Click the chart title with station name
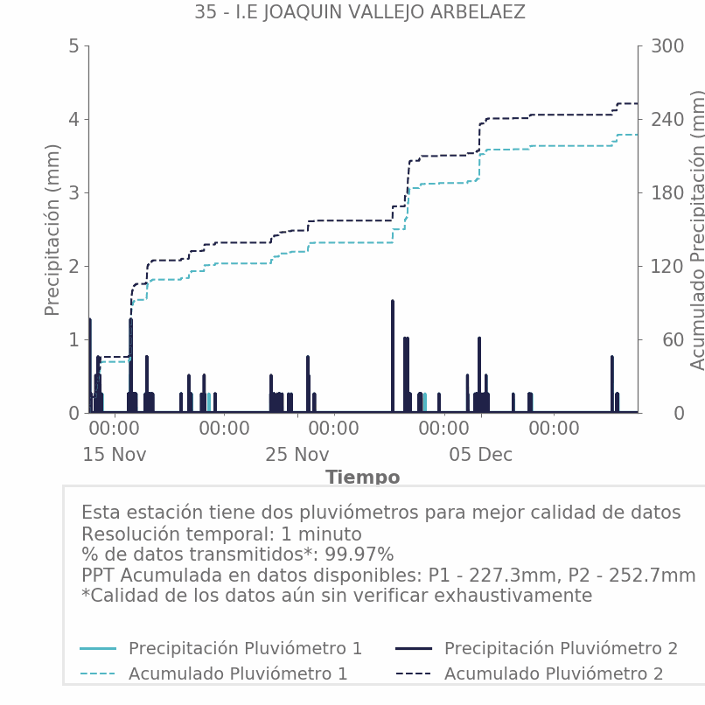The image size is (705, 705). point(359,12)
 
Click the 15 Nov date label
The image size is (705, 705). point(115,455)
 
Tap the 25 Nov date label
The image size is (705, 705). point(297,455)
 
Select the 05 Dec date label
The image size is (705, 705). point(480,455)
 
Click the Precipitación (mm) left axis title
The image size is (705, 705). point(52,229)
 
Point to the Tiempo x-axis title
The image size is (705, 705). point(362,478)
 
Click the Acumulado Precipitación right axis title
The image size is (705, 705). point(697,229)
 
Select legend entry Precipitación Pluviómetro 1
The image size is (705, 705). point(245,648)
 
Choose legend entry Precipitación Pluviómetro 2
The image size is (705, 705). point(561,648)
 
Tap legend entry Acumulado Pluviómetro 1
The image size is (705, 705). point(238,674)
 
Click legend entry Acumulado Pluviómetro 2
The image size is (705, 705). point(554,674)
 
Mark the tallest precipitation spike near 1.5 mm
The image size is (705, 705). point(393,303)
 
